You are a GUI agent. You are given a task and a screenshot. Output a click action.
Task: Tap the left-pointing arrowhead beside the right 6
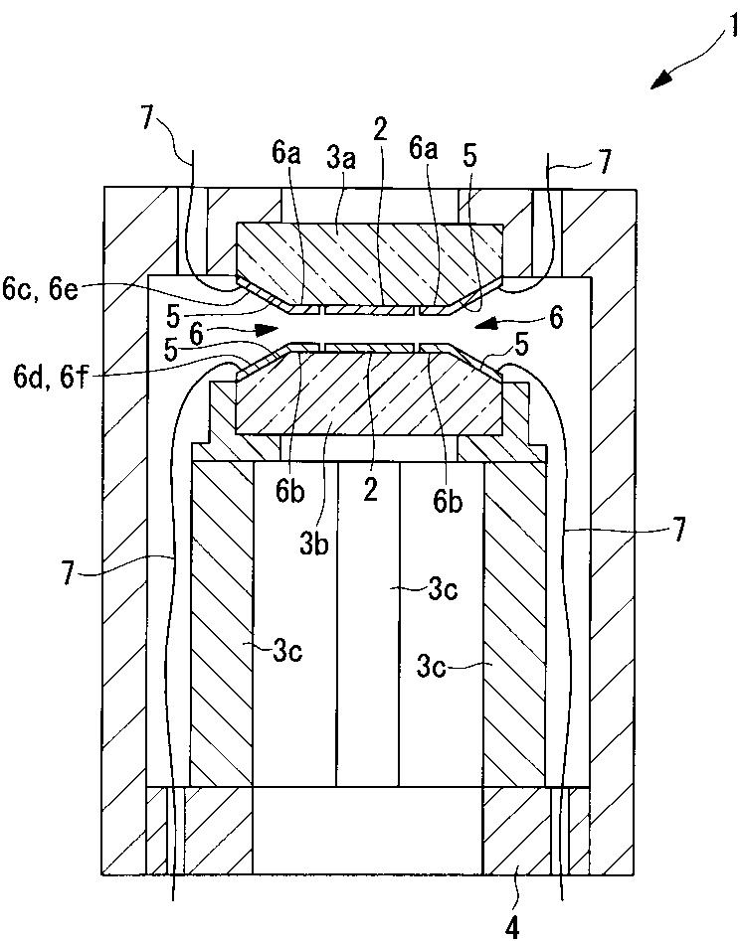(x=485, y=322)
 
